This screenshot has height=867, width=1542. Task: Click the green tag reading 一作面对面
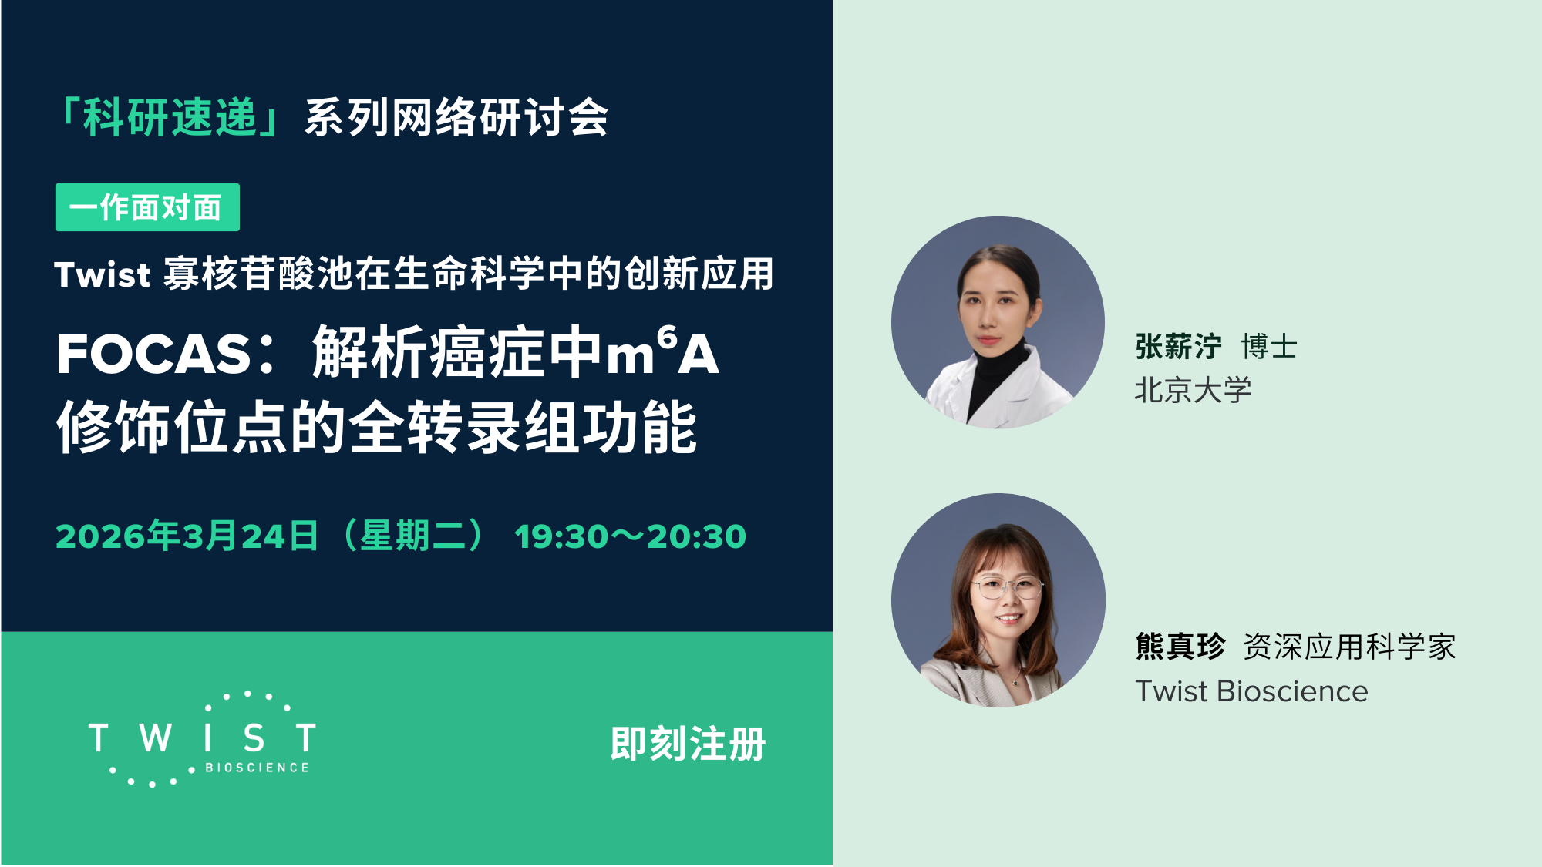point(146,207)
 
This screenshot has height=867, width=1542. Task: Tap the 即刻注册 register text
point(688,744)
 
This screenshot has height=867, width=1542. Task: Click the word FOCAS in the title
point(154,355)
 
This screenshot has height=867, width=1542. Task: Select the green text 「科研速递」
point(170,118)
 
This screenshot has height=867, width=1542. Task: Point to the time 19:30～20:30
point(630,536)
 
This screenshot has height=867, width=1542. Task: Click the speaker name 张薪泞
point(1178,347)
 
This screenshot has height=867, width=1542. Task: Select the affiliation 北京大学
point(1193,391)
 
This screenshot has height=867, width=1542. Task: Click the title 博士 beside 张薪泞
point(1269,347)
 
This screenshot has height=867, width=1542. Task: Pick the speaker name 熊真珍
point(1180,647)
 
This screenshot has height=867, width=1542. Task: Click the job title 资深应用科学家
point(1349,647)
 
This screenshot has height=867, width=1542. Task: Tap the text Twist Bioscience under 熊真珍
point(1251,691)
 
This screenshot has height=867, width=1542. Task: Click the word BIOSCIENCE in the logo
point(258,768)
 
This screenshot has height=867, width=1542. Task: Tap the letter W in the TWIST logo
point(156,738)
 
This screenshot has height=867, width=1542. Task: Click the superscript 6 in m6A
point(667,337)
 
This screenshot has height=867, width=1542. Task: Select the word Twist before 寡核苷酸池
point(102,275)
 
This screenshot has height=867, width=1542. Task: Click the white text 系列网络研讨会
point(456,118)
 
